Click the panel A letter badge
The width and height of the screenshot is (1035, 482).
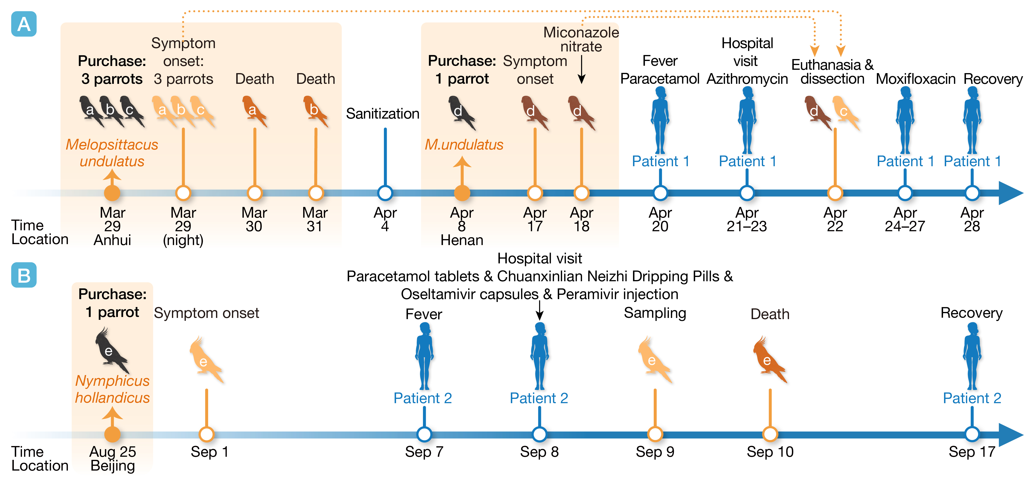(24, 24)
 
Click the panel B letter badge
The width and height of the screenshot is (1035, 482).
(24, 275)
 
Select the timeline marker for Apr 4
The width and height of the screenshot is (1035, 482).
(385, 193)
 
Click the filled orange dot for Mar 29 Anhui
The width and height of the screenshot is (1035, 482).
(112, 193)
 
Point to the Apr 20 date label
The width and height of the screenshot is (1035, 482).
(660, 219)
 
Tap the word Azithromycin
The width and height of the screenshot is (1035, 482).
(747, 79)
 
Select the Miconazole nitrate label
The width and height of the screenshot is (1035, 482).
(581, 39)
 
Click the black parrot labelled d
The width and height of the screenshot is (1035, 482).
(461, 112)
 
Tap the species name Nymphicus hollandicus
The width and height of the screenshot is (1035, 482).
(112, 389)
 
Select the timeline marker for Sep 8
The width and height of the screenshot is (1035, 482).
(539, 434)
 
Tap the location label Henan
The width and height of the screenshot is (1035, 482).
(462, 240)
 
